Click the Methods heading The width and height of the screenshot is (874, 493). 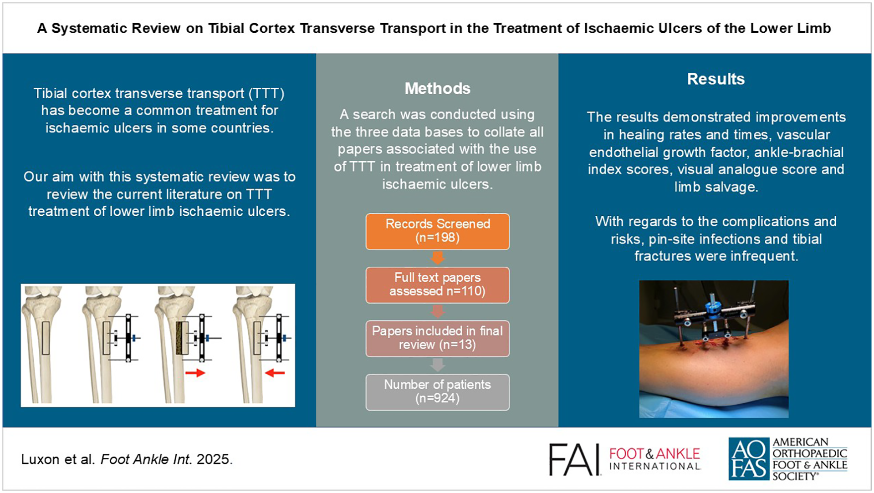pos(437,88)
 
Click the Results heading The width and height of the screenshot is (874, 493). pos(716,79)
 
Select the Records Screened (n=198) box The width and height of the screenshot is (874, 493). pos(437,231)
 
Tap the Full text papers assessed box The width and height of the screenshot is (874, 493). pos(437,285)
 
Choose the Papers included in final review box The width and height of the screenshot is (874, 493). pos(437,338)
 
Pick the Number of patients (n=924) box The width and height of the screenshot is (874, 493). pos(437,392)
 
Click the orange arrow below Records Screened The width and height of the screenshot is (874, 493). pos(437,258)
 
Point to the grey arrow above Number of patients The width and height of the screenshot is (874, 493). pos(437,365)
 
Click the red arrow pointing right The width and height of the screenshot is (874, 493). pos(195,373)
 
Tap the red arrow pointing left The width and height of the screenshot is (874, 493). pos(275,372)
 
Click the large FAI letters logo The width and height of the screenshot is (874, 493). pos(574,459)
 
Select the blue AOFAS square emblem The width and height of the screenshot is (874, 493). pos(748,459)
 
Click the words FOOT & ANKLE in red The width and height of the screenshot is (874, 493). pos(655,453)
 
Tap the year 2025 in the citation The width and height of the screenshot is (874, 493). pos(214,459)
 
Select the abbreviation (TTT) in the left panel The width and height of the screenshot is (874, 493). pos(267,93)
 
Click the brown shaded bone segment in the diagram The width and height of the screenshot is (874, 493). pos(182,338)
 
